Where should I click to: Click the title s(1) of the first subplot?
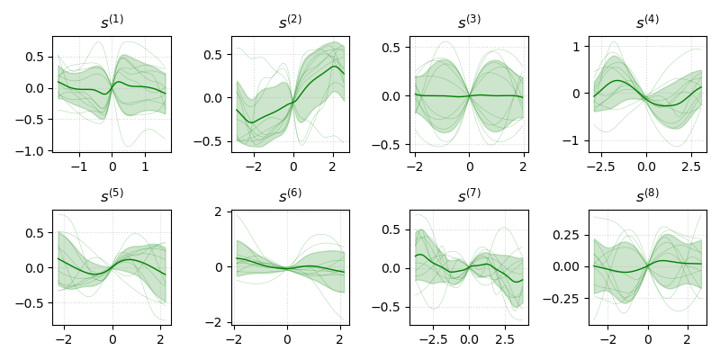[x=112, y=22]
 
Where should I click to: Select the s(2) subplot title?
[x=290, y=22]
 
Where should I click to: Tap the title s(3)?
[x=469, y=22]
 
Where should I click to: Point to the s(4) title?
[x=647, y=22]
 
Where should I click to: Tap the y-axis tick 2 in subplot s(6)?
[x=220, y=211]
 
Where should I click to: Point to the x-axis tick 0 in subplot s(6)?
[x=287, y=340]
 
